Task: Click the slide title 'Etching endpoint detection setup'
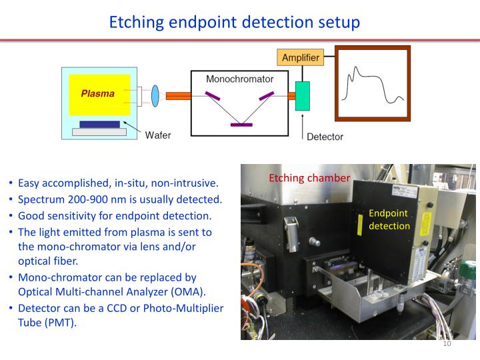coord(235,21)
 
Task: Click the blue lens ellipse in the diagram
coord(155,95)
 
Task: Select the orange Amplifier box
coord(300,58)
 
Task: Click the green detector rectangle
coord(303,96)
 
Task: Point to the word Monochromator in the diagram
coord(240,79)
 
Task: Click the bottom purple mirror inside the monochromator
coord(241,125)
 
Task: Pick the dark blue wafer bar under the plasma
coord(99,124)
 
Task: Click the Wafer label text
coord(158,135)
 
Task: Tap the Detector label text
coord(325,137)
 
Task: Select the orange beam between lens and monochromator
coord(178,96)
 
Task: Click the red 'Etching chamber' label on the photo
coord(309,178)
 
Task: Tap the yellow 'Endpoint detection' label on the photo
coord(389,219)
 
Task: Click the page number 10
coord(447,344)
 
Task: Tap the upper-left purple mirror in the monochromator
coord(213,96)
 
